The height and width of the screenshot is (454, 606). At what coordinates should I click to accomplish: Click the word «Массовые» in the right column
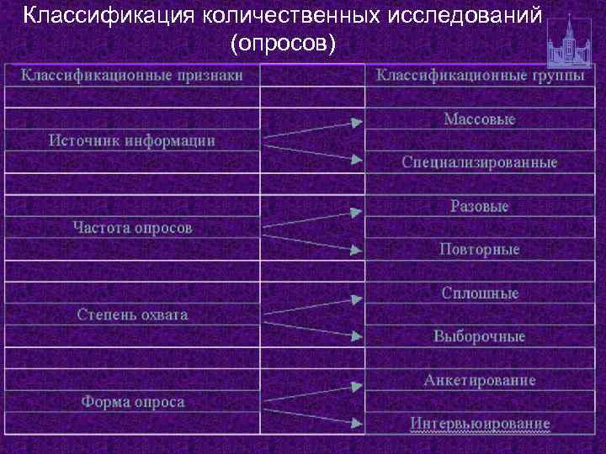(x=479, y=119)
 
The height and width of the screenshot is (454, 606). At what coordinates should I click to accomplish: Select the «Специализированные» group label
(x=479, y=162)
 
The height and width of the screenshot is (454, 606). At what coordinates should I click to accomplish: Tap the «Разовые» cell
(x=479, y=206)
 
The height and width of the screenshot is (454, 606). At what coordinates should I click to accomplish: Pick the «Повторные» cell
(x=479, y=250)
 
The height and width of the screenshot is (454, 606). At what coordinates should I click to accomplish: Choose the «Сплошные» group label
(x=480, y=293)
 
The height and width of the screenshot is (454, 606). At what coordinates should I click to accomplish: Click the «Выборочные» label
(x=479, y=336)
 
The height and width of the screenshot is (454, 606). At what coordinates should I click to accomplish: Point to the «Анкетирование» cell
(x=479, y=380)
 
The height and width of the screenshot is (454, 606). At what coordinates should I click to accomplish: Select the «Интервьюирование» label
(x=480, y=423)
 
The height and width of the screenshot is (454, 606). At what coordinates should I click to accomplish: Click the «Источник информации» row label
(x=132, y=140)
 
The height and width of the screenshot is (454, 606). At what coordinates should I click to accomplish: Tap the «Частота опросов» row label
(x=132, y=228)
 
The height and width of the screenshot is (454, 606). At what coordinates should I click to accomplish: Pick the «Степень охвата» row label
(x=132, y=314)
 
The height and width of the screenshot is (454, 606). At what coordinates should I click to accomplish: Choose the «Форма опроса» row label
(x=132, y=402)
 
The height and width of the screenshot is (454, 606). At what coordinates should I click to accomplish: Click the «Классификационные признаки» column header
(x=132, y=75)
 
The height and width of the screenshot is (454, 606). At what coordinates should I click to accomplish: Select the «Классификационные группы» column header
(x=480, y=75)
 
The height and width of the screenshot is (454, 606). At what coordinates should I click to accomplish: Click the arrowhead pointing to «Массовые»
(x=357, y=123)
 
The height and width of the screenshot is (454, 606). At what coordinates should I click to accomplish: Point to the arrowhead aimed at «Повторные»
(x=357, y=249)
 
